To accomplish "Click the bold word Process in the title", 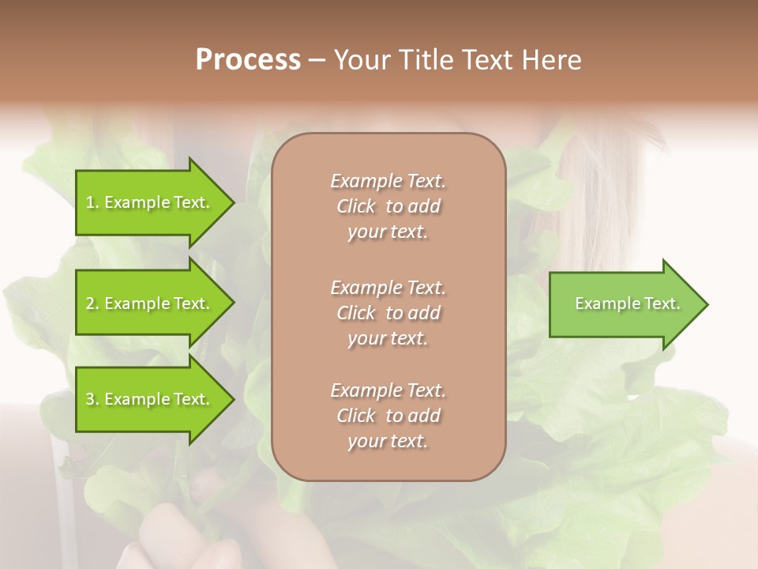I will pos(248,60).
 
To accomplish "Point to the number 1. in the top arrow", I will pos(92,202).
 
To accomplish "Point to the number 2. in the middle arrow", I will pos(92,303).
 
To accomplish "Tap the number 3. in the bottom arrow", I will pos(92,400).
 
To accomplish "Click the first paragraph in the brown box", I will pos(388,206).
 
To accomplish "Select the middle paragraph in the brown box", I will pos(388,313).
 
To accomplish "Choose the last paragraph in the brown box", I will pos(388,416).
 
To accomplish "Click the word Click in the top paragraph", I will pos(356,207).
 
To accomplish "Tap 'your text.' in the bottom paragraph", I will pos(388,442).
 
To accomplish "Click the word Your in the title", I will pos(361,60).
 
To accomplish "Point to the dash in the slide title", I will pos(317,60).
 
